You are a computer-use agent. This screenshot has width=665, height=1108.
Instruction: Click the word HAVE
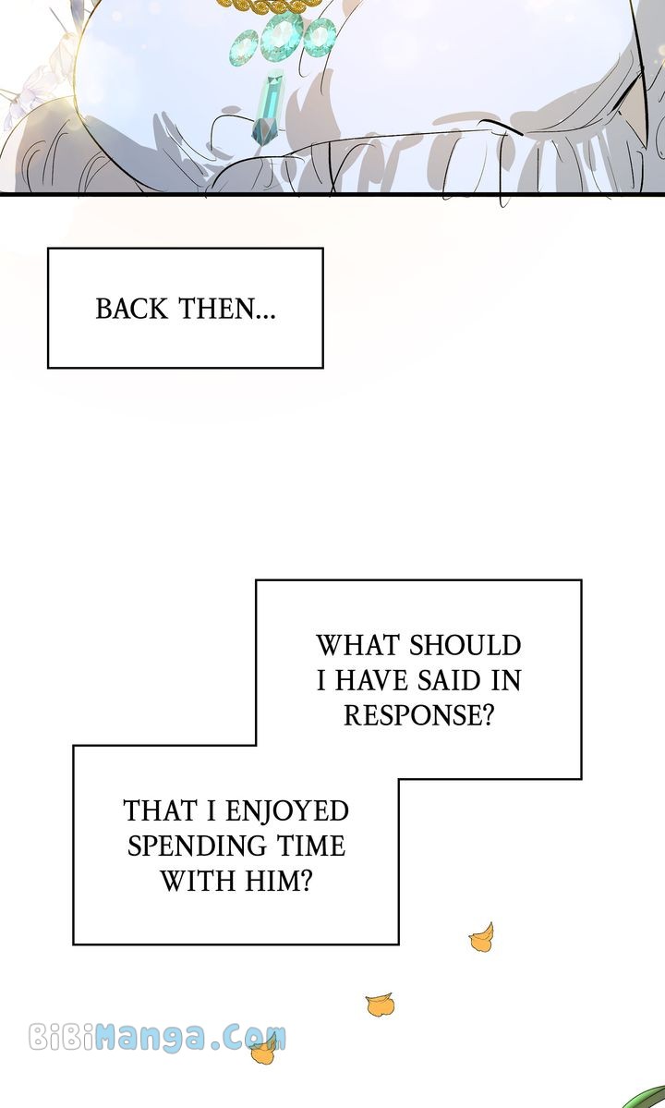(x=372, y=681)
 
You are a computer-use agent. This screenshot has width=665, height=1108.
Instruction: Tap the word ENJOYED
(x=287, y=811)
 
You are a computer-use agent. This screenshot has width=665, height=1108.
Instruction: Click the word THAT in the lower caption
(x=160, y=811)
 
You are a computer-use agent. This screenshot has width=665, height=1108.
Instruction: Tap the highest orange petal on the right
(x=480, y=939)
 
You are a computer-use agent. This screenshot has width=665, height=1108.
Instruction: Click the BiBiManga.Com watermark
(x=157, y=1037)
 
